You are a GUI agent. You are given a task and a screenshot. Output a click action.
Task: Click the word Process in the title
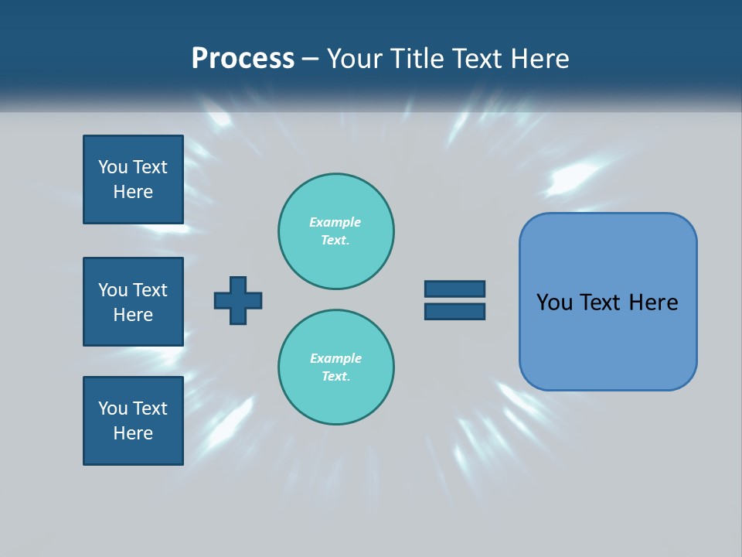(x=243, y=59)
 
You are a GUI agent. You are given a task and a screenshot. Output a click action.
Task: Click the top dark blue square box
(x=133, y=179)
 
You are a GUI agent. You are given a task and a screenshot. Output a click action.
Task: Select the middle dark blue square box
(x=133, y=302)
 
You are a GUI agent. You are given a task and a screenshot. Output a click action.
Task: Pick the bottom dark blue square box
(x=133, y=421)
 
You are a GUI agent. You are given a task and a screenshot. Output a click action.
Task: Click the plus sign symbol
(x=238, y=300)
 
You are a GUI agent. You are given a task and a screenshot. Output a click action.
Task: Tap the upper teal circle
(x=335, y=231)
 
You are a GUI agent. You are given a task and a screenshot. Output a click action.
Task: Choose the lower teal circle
(x=335, y=367)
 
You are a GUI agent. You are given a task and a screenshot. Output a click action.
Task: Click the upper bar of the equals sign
(x=454, y=289)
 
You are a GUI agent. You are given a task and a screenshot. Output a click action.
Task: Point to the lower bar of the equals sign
(x=454, y=311)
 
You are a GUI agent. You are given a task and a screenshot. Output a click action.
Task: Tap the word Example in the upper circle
(x=335, y=222)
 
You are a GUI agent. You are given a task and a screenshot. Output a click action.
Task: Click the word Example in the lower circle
(x=335, y=358)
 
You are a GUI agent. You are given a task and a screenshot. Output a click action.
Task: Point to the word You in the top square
(x=113, y=167)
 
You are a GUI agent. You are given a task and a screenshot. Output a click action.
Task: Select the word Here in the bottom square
(x=133, y=433)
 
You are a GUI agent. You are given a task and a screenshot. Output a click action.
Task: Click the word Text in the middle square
(x=150, y=290)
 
